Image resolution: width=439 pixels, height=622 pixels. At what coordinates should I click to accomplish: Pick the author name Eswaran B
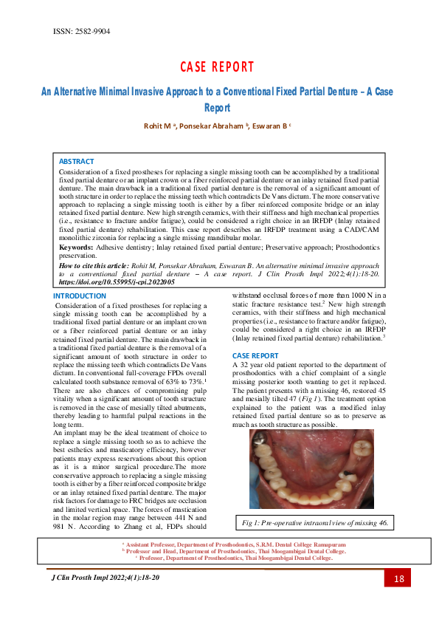(x=269, y=126)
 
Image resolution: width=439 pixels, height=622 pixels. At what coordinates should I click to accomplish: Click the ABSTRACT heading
(x=76, y=161)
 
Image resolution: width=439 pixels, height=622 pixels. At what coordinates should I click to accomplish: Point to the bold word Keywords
(x=76, y=247)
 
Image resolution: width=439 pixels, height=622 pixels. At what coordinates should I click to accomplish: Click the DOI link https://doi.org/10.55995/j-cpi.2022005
(x=116, y=282)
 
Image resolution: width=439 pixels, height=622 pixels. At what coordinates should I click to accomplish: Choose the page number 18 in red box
(x=398, y=579)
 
